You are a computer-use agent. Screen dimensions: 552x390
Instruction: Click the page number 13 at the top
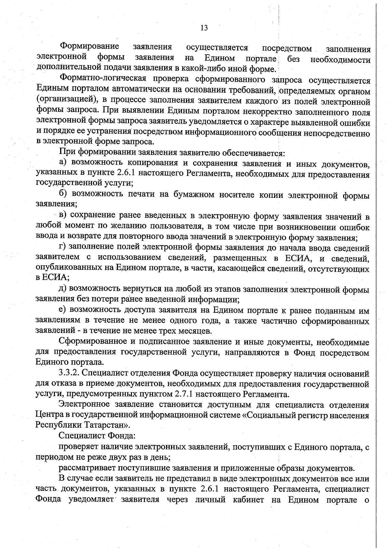tap(204, 28)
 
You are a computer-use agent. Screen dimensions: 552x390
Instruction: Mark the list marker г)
tap(63, 247)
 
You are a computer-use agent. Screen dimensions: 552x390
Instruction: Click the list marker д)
tap(63, 289)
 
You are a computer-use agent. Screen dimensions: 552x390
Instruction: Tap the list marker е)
tap(63, 310)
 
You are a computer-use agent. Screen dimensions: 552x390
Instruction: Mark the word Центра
tap(49, 415)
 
